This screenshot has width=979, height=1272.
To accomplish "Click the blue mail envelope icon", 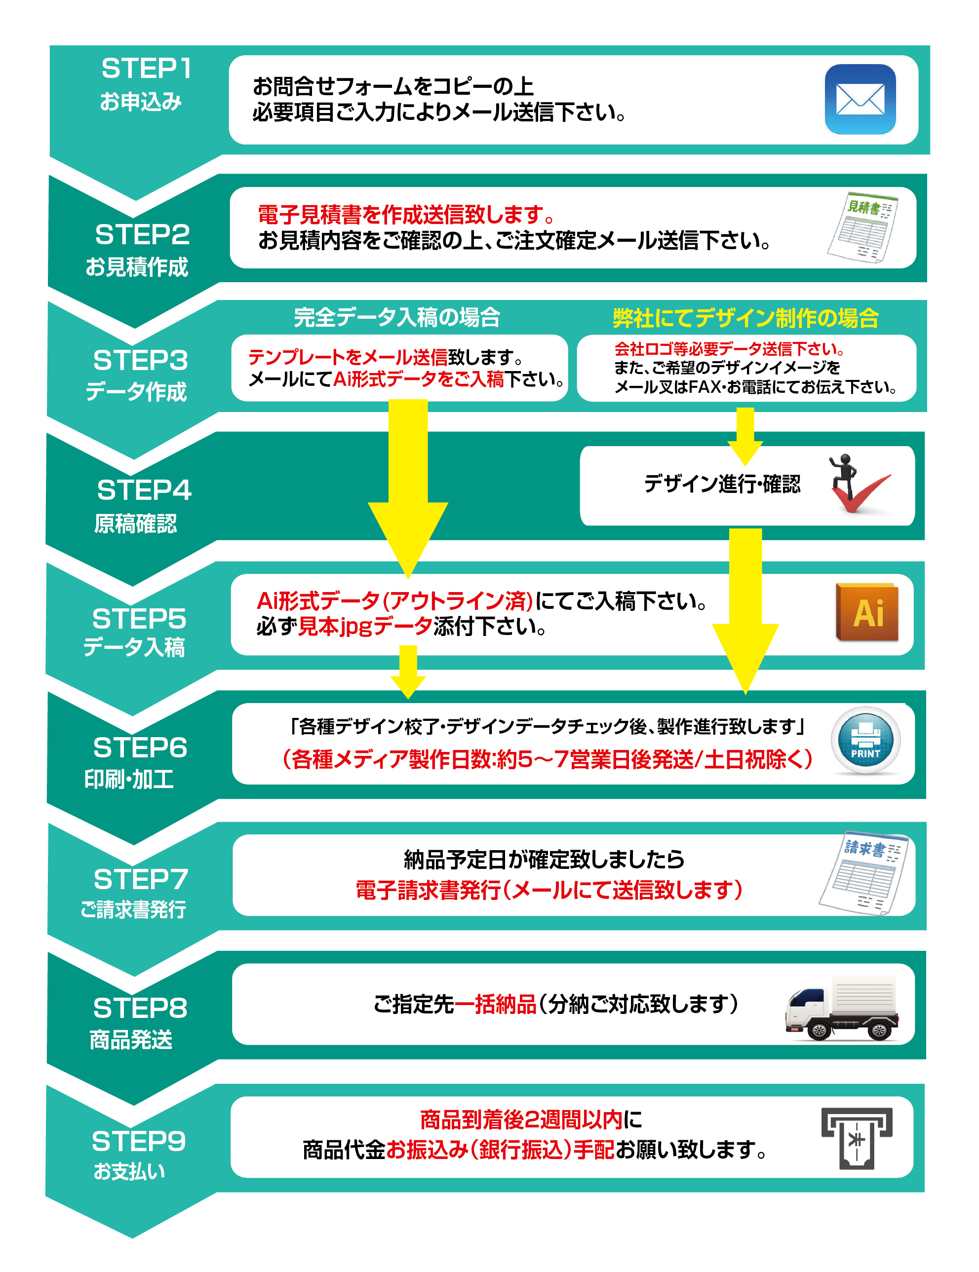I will [x=860, y=99].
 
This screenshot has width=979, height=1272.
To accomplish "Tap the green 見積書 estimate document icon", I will [x=863, y=227].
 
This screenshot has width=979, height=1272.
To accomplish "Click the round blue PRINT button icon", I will [x=865, y=740].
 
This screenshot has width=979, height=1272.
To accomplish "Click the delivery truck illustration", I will [x=842, y=1007].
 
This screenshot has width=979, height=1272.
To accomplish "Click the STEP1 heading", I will [x=146, y=69].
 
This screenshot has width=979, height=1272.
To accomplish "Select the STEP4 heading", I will [x=144, y=490].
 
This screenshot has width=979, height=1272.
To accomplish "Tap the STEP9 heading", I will [x=139, y=1142].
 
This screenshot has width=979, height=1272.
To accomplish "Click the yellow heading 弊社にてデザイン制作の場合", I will [x=745, y=318].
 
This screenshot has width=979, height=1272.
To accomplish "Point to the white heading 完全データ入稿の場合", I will [x=397, y=317].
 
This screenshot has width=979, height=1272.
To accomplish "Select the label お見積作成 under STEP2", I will [x=137, y=267].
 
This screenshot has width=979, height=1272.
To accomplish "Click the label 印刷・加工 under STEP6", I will [x=129, y=779].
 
